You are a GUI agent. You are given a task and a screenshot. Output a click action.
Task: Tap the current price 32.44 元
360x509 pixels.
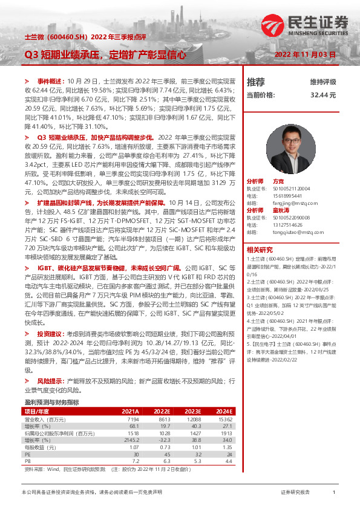tap(322, 96)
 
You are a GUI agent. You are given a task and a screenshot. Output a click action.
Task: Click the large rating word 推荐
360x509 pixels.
tap(256, 82)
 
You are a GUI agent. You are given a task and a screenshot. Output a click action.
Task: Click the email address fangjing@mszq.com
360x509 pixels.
tap(289, 204)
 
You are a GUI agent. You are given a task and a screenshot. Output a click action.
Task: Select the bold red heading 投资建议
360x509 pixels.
tap(49, 333)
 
